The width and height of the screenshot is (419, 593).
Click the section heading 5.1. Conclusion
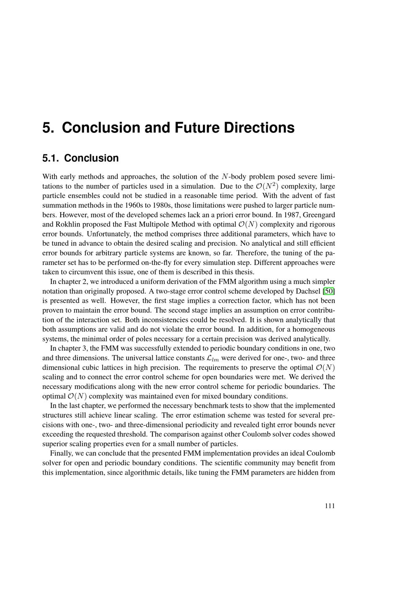coord(80,158)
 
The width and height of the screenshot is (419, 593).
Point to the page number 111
coord(330,506)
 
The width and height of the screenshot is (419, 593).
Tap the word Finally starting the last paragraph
coord(62,453)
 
